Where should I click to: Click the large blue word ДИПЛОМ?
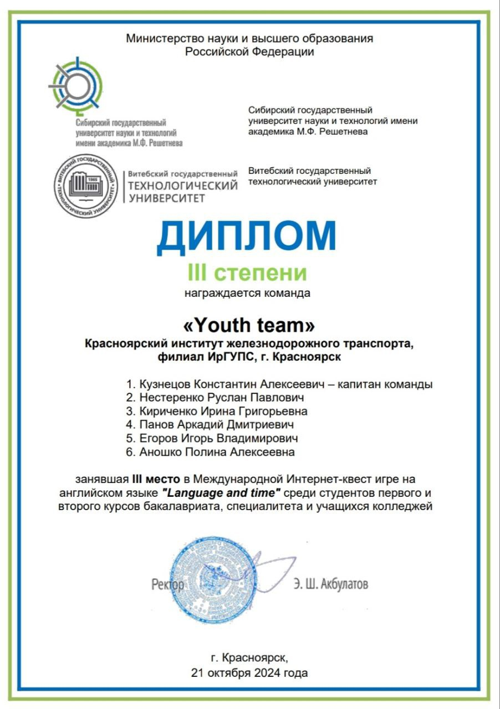coord(247,236)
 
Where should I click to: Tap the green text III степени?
coord(248,273)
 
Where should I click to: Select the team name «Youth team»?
coord(249,323)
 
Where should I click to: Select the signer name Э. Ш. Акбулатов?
coord(331,584)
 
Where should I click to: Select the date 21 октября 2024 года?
coord(249,673)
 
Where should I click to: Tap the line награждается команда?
coord(247,293)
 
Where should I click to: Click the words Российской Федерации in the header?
coord(249,52)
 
